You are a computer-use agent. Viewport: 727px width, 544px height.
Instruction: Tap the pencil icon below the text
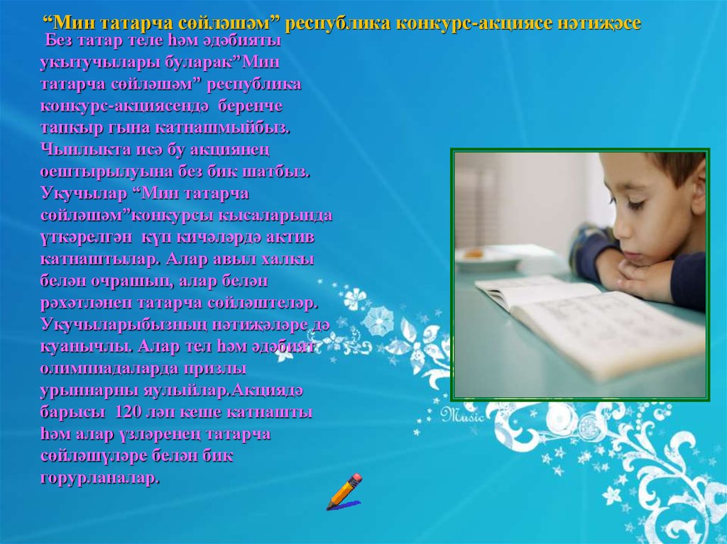(x=344, y=492)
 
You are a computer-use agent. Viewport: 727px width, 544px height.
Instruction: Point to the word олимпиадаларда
(x=97, y=369)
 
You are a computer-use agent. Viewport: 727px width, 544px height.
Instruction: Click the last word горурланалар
(x=99, y=477)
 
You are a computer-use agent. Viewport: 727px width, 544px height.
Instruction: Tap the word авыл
(x=207, y=260)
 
